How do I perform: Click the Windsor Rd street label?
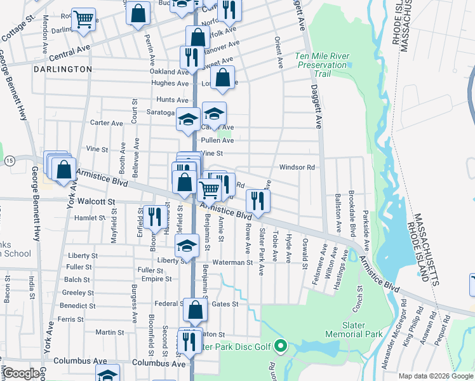pyautogui.click(x=297, y=168)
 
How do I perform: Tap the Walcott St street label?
pyautogui.click(x=96, y=201)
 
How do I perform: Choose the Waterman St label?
pyautogui.click(x=232, y=262)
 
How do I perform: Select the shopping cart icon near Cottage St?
pyautogui.click(x=83, y=20)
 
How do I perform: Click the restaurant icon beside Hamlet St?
pyautogui.click(x=153, y=216)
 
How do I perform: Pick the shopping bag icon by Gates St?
pyautogui.click(x=196, y=310)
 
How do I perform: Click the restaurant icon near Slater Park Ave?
pyautogui.click(x=258, y=200)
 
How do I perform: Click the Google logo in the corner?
pyautogui.click(x=21, y=373)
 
